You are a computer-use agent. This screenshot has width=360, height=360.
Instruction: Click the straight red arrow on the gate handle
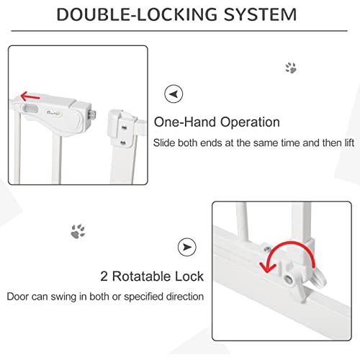tap(30, 96)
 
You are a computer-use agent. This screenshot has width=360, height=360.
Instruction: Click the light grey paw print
tap(291, 68)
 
